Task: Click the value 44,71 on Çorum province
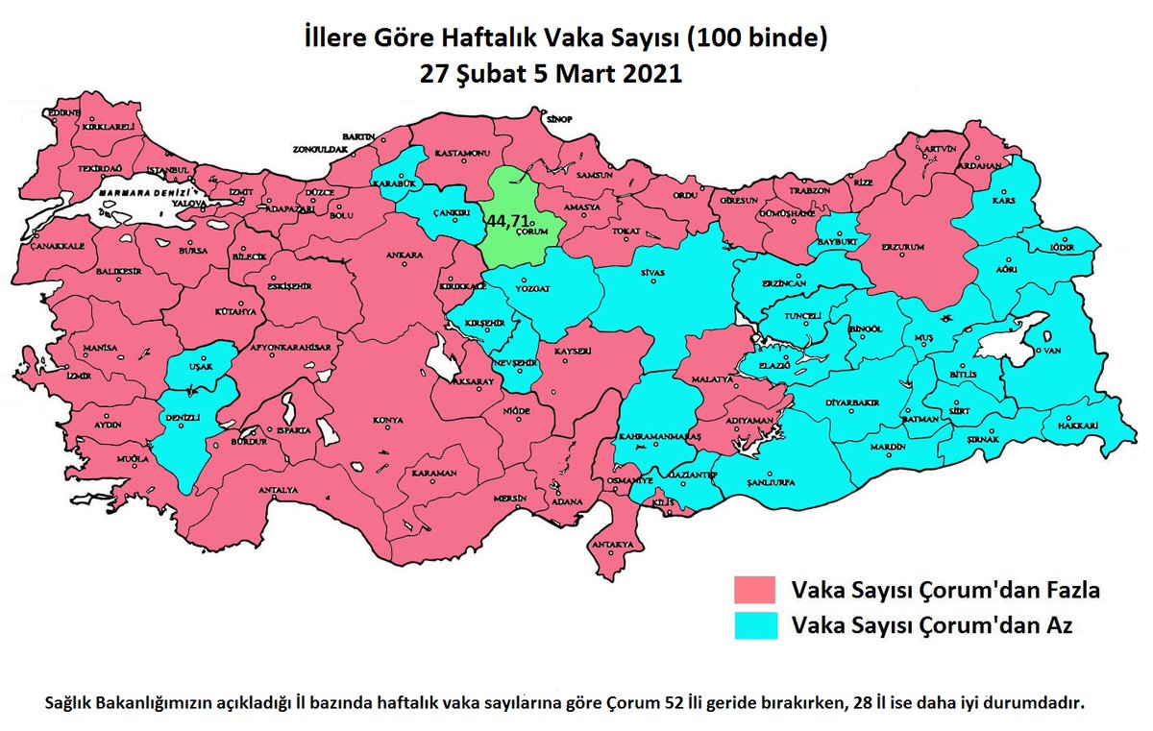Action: tap(506, 220)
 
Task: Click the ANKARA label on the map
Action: tap(405, 256)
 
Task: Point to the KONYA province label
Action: tap(388, 421)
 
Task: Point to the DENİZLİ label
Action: tap(183, 418)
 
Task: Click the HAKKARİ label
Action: tap(1077, 426)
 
